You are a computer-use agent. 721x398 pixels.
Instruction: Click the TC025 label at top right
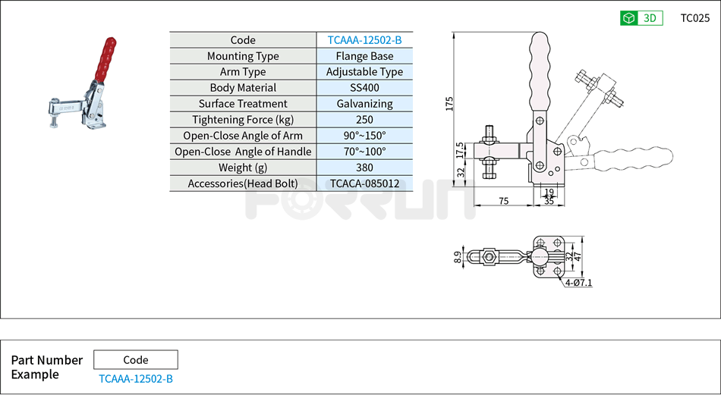(694, 18)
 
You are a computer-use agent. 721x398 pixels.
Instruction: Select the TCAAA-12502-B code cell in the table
(364, 40)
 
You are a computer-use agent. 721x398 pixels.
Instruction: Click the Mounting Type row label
(243, 56)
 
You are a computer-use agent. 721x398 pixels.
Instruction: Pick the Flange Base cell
(364, 56)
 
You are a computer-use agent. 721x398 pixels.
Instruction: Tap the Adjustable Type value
(364, 72)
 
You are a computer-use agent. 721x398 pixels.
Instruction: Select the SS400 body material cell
(364, 88)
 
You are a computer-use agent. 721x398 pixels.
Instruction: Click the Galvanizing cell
(364, 104)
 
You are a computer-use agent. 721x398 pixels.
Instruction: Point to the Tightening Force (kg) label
(243, 120)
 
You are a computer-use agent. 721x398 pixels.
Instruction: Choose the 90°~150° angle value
(364, 136)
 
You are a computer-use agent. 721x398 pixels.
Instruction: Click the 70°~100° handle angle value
(364, 152)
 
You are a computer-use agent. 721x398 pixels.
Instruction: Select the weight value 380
(364, 168)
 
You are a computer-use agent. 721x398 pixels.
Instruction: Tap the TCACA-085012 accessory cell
(364, 183)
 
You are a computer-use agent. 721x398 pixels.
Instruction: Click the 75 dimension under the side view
(504, 200)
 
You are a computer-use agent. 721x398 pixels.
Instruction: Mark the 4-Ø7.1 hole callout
(578, 283)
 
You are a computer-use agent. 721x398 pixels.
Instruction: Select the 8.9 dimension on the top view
(457, 257)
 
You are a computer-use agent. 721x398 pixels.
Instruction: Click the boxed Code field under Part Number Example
(136, 360)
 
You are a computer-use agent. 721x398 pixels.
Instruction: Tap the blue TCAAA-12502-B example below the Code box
(136, 378)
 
